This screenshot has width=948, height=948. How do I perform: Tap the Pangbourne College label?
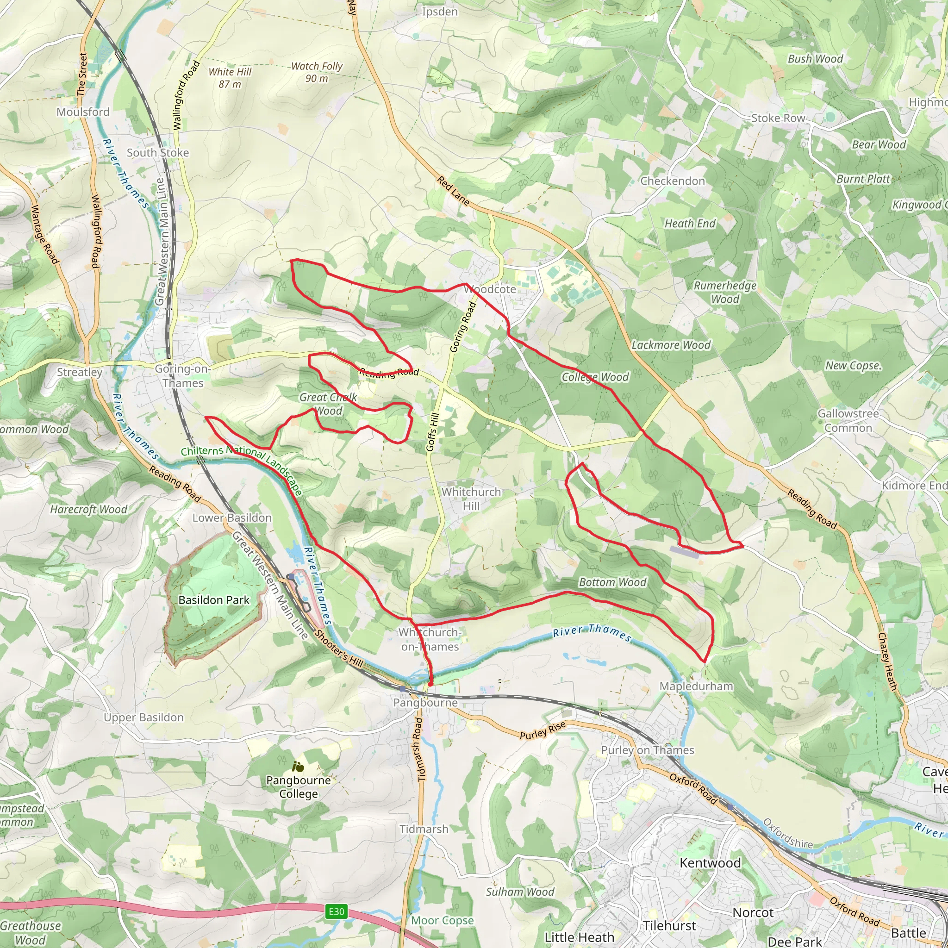pos(299,786)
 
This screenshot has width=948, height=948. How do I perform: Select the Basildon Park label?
pos(213,599)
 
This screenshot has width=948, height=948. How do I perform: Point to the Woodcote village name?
pos(490,289)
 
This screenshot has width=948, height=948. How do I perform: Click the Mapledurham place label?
pos(696,686)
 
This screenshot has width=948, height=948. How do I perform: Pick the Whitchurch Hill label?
pos(471,499)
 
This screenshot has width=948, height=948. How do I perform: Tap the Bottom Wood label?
pos(612,582)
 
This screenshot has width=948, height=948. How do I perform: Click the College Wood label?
pos(595,377)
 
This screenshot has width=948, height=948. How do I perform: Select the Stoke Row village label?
pos(778,118)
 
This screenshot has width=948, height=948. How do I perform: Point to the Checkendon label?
pos(672,181)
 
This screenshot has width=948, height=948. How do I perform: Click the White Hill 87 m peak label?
pos(230,77)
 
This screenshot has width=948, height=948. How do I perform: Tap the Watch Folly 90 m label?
pos(317,72)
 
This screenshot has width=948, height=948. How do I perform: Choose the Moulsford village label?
pos(83,112)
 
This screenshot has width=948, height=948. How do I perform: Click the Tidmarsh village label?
pos(424,829)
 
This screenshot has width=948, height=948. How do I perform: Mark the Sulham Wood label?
pos(520,892)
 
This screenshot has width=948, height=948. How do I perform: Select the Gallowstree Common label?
pos(848,420)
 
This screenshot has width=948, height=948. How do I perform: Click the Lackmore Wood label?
pos(670,345)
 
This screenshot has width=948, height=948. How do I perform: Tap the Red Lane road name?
pos(453,191)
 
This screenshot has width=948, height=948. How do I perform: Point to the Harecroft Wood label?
pos(88,509)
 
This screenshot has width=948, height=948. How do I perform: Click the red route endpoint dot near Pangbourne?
pos(430,684)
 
